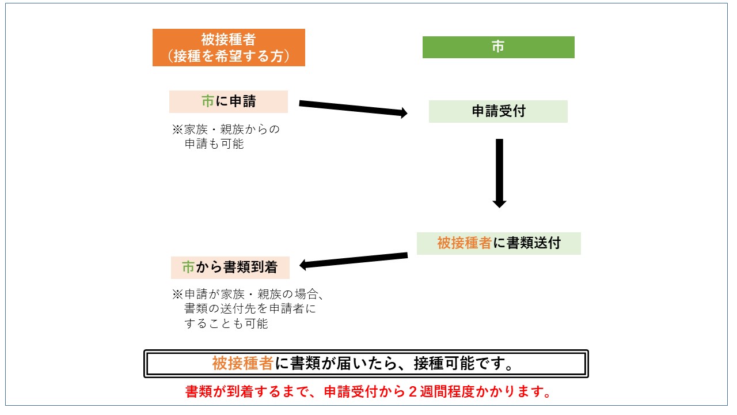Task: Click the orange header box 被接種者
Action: coord(229,47)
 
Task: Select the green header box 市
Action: coord(498,47)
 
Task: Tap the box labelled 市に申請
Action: coord(229,101)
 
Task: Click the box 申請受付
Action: coord(498,111)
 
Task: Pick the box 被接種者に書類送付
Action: coord(499,243)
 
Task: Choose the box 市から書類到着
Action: coord(230,267)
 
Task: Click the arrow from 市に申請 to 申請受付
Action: coord(353,108)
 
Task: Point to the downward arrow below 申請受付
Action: coord(499,173)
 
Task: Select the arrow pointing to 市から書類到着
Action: coord(353,261)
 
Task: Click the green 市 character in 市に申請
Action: coord(208,101)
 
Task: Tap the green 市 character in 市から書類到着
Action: coord(188,267)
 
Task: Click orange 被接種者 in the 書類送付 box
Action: coord(464,243)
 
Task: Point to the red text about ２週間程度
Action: coord(368,393)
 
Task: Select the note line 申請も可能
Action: coord(214,144)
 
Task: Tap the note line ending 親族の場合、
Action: coord(249,294)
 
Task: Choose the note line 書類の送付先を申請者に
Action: coord(250,309)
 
